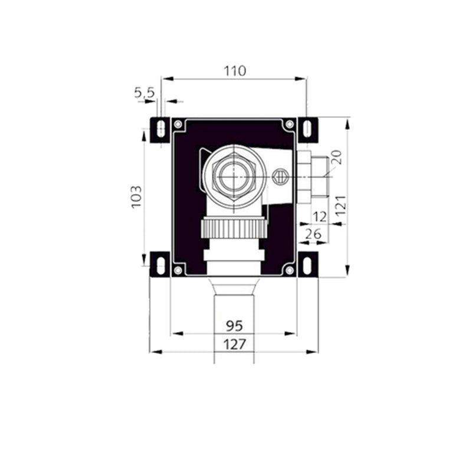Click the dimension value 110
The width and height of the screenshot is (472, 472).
[x=235, y=71]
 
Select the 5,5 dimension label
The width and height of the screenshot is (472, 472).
[x=144, y=92]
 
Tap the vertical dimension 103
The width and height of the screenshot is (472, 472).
[x=136, y=196]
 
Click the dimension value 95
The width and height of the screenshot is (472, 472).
[x=234, y=326]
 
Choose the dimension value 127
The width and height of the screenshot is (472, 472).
[x=234, y=344]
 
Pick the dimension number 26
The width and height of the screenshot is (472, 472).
[x=314, y=234]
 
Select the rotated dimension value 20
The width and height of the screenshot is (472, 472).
[x=336, y=156]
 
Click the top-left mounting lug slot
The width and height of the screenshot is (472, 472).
[x=160, y=129]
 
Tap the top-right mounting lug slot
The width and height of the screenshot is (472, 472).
[x=307, y=129]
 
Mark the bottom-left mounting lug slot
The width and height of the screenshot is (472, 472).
[x=160, y=264]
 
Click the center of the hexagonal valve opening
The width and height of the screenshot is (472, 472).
[x=235, y=175]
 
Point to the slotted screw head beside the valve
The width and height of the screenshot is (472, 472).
[x=279, y=175]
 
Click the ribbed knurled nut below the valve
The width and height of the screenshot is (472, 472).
[x=234, y=227]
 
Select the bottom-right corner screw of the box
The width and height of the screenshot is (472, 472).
[x=289, y=270]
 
